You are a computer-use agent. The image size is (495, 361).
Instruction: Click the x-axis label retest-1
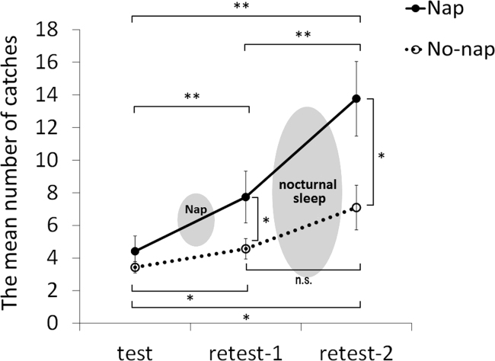[245, 351]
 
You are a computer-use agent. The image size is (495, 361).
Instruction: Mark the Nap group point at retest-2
[356, 99]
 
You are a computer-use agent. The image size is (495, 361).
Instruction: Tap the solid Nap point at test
[135, 251]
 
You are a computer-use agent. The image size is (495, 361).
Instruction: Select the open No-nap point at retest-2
[356, 207]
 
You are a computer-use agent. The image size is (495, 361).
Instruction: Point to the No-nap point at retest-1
[245, 248]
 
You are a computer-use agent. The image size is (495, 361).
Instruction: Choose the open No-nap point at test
[135, 267]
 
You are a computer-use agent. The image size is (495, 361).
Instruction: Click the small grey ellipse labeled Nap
[195, 219]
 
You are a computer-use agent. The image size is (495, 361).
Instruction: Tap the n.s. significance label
[303, 279]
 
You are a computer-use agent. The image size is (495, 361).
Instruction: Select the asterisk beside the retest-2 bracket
[381, 155]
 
